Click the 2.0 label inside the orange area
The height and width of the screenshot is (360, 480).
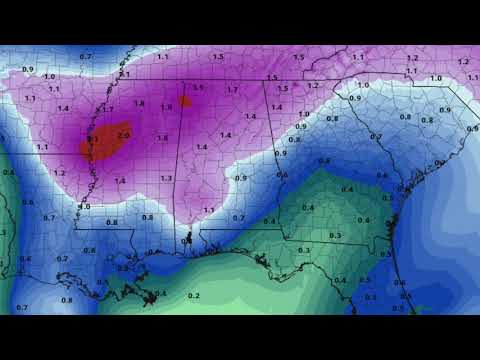point(123,134)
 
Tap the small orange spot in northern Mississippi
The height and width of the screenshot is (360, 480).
point(185,101)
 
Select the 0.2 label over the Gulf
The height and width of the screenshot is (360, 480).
point(194,296)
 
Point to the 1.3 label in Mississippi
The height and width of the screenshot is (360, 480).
point(166,178)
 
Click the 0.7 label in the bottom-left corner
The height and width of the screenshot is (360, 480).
point(23,308)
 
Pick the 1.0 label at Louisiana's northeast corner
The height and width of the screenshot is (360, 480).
point(84,207)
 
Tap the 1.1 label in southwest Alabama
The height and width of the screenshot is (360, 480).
point(208,210)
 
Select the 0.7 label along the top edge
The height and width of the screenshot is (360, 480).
point(85,56)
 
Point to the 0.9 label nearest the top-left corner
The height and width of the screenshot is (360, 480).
point(28,69)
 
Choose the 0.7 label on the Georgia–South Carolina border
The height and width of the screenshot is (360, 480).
point(375,136)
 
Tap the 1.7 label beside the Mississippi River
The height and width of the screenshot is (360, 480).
point(108,108)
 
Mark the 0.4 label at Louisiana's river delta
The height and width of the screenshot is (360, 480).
point(161,293)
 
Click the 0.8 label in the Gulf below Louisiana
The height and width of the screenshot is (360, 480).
point(67,300)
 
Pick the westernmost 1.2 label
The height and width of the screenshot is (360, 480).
point(60,173)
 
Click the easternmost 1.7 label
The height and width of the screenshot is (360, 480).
point(232,90)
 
